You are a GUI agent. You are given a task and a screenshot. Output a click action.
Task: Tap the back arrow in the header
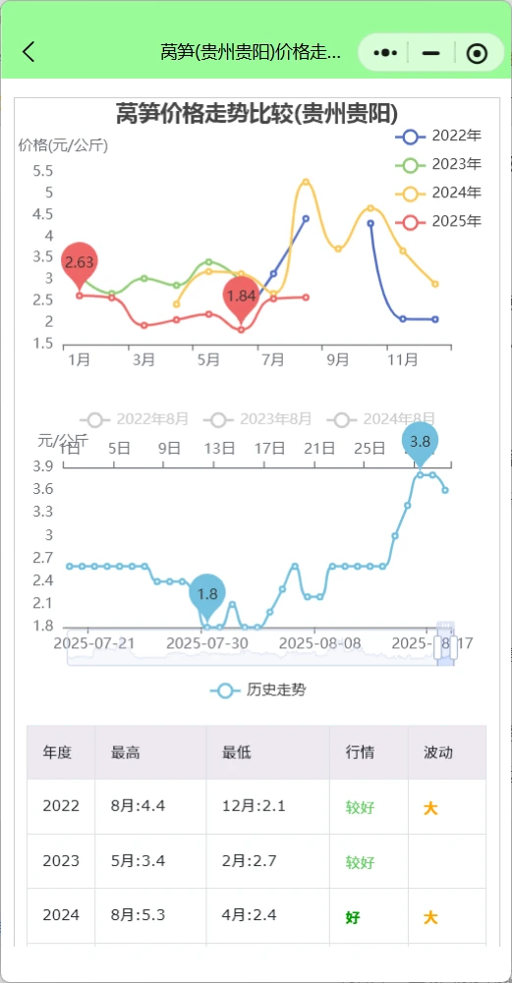(x=28, y=52)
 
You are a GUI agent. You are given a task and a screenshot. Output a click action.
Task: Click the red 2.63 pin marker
(x=79, y=261)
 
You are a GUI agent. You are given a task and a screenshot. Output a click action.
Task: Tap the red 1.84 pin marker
(x=241, y=296)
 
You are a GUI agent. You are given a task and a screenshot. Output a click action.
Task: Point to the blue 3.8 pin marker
(x=420, y=441)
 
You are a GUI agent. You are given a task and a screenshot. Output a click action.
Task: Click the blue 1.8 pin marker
(x=207, y=594)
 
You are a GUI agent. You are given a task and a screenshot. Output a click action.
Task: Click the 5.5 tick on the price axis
(x=42, y=171)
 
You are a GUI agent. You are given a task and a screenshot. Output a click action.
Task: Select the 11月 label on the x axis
(x=403, y=359)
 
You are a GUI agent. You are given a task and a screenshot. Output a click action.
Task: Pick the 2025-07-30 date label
(x=207, y=643)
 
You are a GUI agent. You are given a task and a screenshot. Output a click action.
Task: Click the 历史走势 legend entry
(x=258, y=690)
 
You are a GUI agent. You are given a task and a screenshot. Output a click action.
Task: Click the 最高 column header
(x=126, y=753)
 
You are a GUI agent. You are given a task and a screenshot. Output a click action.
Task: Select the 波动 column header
(x=438, y=753)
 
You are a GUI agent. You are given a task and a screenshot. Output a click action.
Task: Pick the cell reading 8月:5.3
(x=138, y=915)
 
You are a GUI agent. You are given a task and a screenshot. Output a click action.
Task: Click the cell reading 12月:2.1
(x=254, y=806)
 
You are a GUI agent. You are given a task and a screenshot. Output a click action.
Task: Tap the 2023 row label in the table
(x=61, y=861)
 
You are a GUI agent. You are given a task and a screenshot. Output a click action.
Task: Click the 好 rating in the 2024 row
(x=353, y=917)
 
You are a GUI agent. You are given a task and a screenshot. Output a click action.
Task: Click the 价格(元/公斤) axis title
(x=63, y=145)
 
